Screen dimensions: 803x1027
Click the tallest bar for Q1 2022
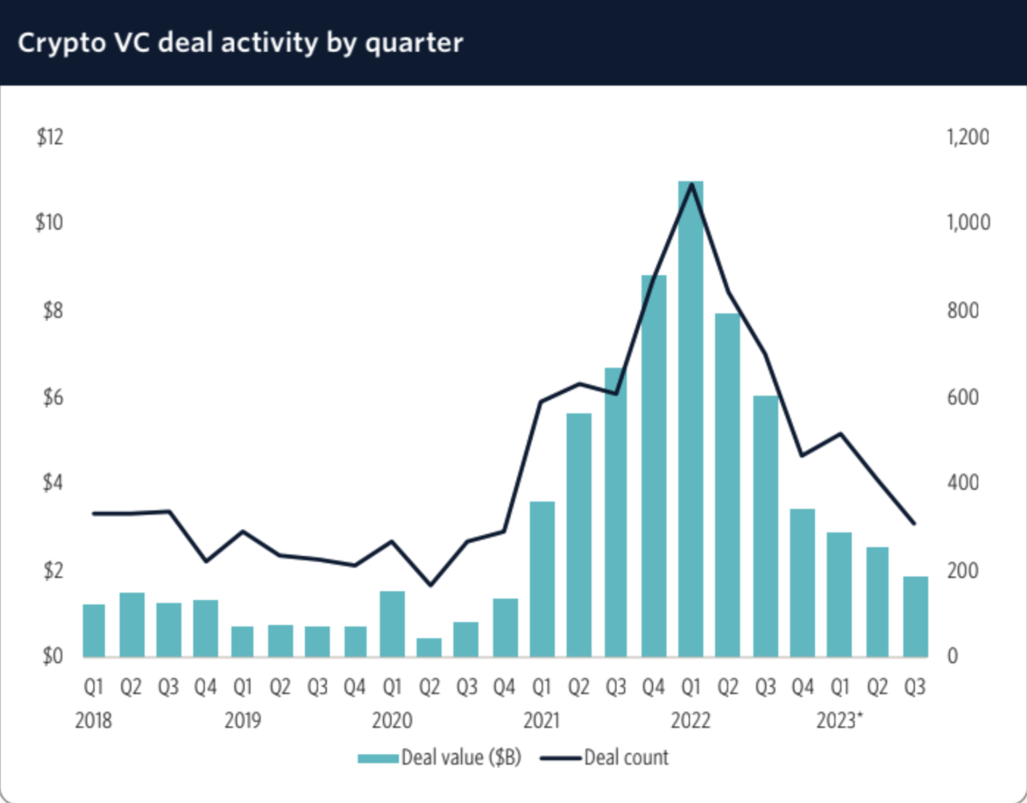pos(691,419)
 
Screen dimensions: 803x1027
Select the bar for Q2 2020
pos(429,647)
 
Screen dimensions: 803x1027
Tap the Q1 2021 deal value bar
pos(542,579)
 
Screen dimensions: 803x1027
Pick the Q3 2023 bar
pos(915,617)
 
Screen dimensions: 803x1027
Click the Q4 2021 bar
pos(653,466)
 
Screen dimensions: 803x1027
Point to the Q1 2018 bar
pos(94,631)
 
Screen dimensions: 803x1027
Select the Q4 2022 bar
pos(803,583)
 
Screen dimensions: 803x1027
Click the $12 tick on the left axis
pos(50,137)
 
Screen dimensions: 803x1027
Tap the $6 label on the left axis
pos(53,398)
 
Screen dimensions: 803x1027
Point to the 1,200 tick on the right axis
pos(968,137)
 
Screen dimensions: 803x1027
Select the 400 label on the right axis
pos(962,482)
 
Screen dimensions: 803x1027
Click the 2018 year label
pos(93,720)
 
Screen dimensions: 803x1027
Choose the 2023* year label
pos(839,720)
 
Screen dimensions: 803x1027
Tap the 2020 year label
pos(392,720)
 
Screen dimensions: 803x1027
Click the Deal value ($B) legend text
pos(461,758)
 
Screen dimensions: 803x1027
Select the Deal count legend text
pos(626,758)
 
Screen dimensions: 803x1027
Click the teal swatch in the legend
pos(378,758)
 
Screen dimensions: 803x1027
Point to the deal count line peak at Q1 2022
pos(692,184)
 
